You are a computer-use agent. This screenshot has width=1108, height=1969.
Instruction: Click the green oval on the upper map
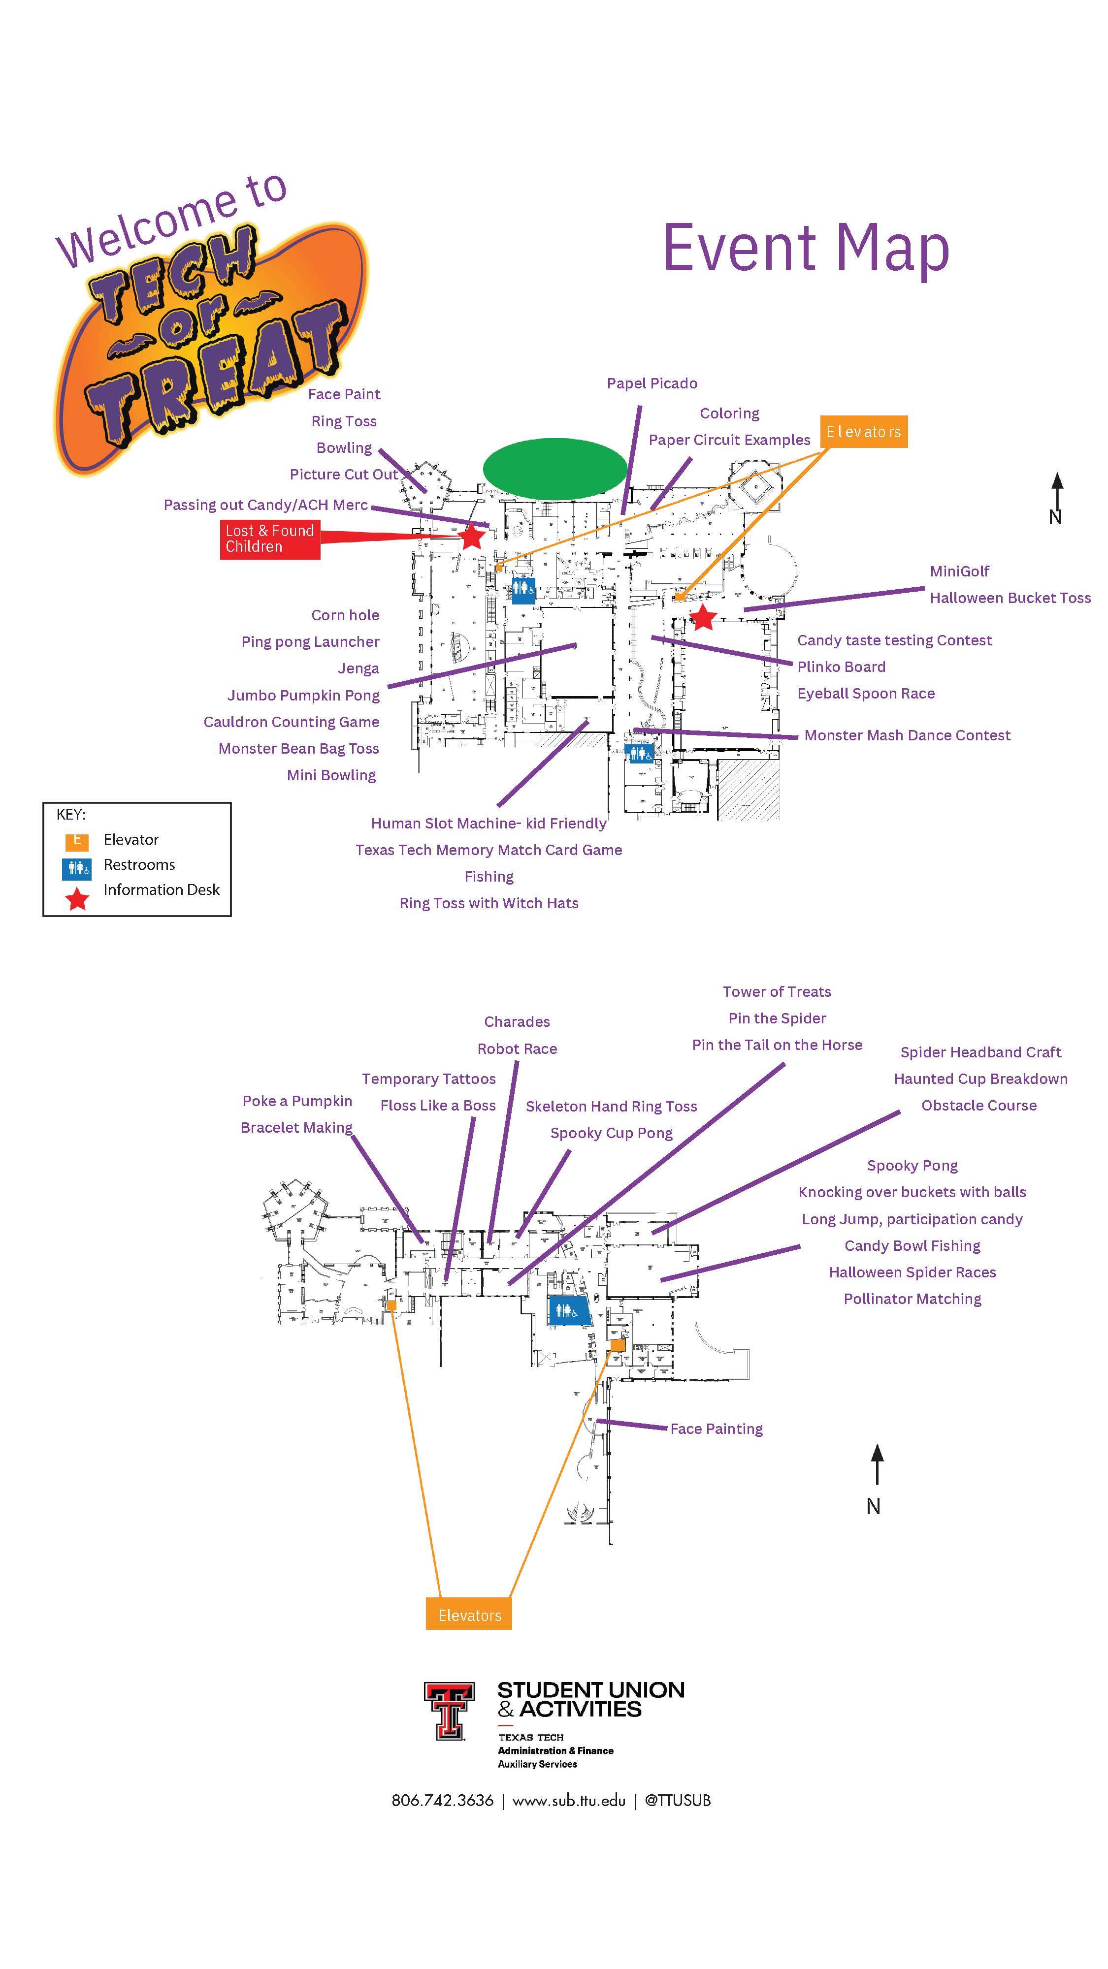coord(554,466)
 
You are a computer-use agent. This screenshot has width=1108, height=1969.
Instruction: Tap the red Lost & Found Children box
coord(269,539)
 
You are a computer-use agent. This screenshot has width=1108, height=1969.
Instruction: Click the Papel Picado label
coord(652,384)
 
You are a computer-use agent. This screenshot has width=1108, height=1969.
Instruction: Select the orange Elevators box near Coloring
coord(863,432)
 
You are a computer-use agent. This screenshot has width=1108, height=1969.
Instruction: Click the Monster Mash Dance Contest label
coord(907,735)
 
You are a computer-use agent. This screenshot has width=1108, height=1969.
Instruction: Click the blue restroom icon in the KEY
coord(76,869)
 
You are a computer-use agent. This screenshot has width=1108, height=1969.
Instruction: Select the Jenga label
coord(358,669)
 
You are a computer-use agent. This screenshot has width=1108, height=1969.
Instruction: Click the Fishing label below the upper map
coord(489,877)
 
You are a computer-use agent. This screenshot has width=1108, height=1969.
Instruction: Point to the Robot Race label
coord(517,1048)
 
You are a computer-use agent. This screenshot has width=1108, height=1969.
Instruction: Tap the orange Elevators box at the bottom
coord(469,1615)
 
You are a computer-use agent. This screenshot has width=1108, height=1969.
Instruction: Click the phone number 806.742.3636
coord(442,1800)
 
